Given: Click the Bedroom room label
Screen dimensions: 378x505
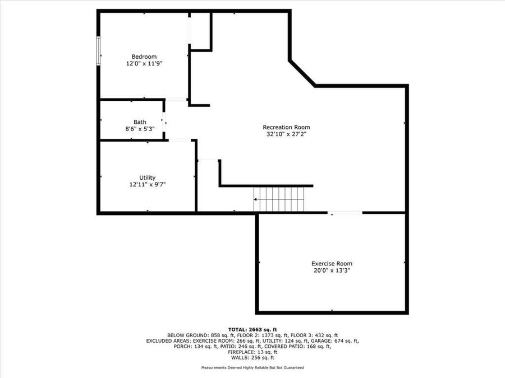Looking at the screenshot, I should click(x=144, y=57).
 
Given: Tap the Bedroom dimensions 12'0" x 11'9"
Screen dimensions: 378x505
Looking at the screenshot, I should click(x=144, y=64).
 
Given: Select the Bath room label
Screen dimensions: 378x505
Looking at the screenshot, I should click(x=140, y=122).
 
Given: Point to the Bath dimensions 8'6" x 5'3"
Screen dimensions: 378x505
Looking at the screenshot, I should click(x=140, y=129).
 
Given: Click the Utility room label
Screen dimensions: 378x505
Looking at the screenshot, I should click(x=148, y=178).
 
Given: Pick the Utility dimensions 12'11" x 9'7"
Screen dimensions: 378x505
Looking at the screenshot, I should click(x=148, y=184).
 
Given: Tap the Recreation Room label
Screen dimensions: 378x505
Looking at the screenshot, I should click(x=286, y=127).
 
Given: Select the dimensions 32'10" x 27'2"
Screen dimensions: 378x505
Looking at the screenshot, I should click(x=286, y=134).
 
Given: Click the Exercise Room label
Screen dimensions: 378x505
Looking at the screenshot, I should click(x=332, y=264).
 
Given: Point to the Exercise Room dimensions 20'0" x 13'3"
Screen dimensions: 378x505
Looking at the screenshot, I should click(x=332, y=270).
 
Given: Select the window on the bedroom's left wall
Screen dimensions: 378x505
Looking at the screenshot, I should click(x=99, y=51).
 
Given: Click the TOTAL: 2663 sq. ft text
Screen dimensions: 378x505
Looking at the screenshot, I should click(x=252, y=329).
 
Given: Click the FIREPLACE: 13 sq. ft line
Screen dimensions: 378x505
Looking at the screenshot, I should click(x=252, y=352).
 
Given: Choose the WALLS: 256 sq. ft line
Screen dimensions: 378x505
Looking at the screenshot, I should click(x=252, y=357).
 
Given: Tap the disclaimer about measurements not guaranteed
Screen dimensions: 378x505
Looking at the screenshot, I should click(x=252, y=368).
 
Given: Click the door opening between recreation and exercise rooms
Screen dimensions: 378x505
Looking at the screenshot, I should click(x=345, y=213).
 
